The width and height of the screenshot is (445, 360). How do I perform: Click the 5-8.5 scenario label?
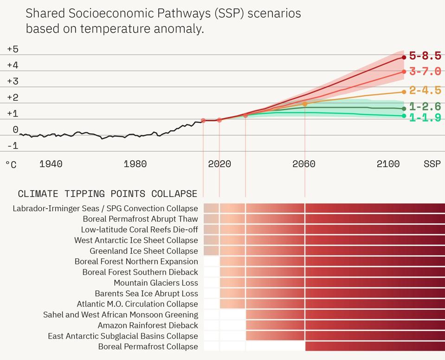[x=425, y=56]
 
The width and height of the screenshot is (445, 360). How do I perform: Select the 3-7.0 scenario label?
[x=425, y=72]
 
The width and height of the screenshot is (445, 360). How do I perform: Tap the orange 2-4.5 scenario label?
[x=425, y=91]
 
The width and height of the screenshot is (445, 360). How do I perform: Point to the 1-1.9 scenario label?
[x=425, y=118]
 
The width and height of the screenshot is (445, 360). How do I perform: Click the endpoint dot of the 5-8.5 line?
[x=404, y=58]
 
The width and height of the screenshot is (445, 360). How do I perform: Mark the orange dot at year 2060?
[x=305, y=104]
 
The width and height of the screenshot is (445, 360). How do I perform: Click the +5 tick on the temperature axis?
[x=13, y=49]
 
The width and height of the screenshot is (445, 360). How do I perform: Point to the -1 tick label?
[x=13, y=146]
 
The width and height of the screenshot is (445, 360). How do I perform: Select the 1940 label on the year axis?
[x=51, y=164]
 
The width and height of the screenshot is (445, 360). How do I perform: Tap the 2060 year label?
[x=304, y=164]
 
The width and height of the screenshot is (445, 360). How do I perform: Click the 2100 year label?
[x=388, y=164]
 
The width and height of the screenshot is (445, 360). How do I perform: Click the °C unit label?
[x=11, y=165]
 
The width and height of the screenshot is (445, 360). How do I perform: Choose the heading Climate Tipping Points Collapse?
[x=107, y=194]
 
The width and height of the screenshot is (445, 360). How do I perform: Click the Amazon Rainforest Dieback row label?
[x=148, y=326]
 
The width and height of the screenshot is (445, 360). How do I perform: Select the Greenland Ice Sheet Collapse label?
[x=144, y=251]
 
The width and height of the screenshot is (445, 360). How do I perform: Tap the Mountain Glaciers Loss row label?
[x=156, y=283]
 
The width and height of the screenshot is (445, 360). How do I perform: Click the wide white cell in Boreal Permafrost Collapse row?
[x=275, y=347]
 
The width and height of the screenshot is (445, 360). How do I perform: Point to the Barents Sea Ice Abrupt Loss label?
[x=146, y=294]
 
